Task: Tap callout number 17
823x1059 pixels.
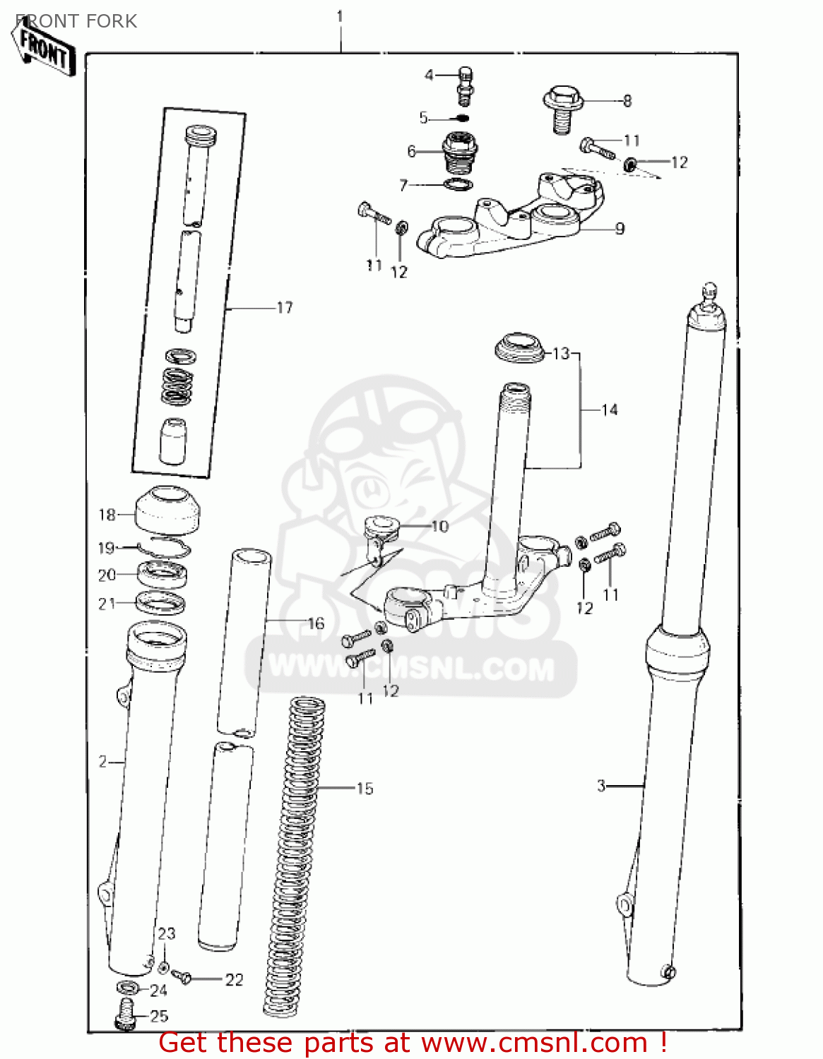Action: pyautogui.click(x=285, y=308)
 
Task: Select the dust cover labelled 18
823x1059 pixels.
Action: pyautogui.click(x=167, y=511)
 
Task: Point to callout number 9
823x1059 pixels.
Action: pyautogui.click(x=620, y=229)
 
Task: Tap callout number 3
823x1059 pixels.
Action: pyautogui.click(x=601, y=786)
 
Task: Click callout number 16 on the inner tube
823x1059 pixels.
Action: pyautogui.click(x=316, y=623)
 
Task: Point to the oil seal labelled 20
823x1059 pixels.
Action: pyautogui.click(x=162, y=574)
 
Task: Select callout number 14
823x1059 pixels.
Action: pyautogui.click(x=609, y=410)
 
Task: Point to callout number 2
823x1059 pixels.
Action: pyautogui.click(x=103, y=762)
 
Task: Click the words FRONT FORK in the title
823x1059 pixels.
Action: pyautogui.click(x=76, y=21)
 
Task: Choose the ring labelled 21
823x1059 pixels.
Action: pyautogui.click(x=160, y=604)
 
